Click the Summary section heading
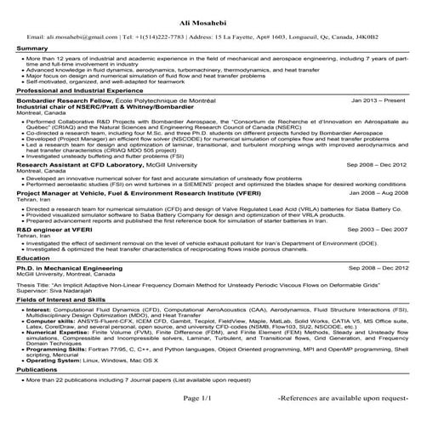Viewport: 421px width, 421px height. pyautogui.click(x=32, y=49)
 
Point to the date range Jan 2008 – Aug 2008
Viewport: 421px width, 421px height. pyautogui.click(x=369, y=194)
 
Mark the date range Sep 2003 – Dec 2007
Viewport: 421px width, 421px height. pyautogui.click(x=369, y=230)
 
